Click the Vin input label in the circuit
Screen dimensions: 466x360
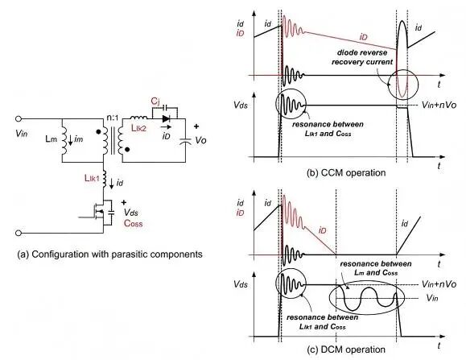click(x=22, y=133)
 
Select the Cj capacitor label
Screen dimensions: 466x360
click(x=155, y=101)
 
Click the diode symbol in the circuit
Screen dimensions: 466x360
click(x=166, y=119)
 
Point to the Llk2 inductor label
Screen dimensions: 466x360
click(x=138, y=128)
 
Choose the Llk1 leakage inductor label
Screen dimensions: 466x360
click(x=92, y=178)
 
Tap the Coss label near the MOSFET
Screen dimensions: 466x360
click(x=133, y=223)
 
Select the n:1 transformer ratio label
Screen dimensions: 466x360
click(x=113, y=118)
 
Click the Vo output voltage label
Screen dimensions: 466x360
click(x=200, y=140)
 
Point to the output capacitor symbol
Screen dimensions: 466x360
click(x=185, y=141)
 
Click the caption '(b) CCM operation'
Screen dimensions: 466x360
click(x=346, y=172)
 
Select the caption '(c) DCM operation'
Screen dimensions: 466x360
click(x=346, y=350)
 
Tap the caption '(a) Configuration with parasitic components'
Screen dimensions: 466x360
click(x=109, y=254)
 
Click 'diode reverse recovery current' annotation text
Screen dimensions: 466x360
click(x=362, y=57)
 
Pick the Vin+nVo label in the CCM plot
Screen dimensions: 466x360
click(x=439, y=105)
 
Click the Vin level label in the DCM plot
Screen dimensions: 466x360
click(x=432, y=297)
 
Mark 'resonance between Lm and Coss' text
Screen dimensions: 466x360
click(x=376, y=268)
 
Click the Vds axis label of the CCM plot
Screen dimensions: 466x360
click(x=241, y=105)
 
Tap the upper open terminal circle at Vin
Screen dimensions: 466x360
click(x=19, y=119)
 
